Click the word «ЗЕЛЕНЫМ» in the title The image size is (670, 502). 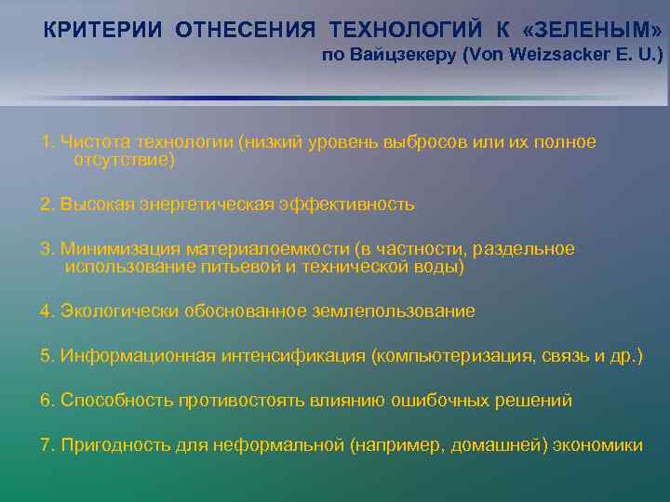click(601, 29)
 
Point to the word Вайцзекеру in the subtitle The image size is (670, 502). click(401, 56)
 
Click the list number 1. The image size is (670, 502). click(46, 142)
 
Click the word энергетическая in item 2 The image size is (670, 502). click(217, 204)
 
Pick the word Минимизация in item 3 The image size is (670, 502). click(120, 249)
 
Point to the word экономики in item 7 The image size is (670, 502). click(597, 445)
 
